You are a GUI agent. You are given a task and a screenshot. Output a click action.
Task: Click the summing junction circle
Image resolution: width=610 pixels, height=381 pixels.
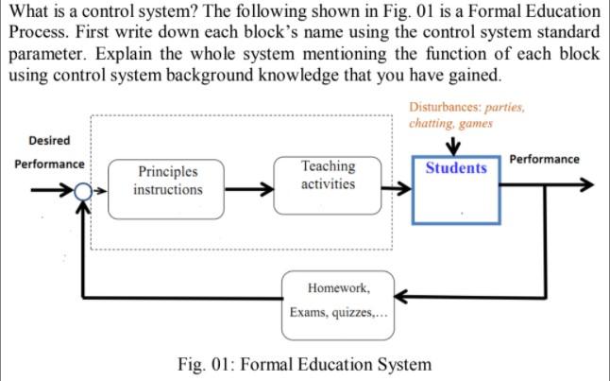click(x=85, y=191)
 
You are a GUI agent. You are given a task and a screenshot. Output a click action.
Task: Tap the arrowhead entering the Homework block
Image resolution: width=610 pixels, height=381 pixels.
click(x=400, y=298)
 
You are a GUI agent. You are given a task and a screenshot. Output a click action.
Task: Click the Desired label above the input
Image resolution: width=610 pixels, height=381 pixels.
click(x=49, y=140)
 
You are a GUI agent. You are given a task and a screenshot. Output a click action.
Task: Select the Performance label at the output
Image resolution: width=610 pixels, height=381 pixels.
click(x=544, y=159)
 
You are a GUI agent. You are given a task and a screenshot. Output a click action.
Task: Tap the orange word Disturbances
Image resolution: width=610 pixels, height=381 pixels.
click(x=447, y=108)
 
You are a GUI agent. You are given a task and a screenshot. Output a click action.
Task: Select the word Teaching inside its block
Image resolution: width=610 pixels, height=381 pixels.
click(x=328, y=166)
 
